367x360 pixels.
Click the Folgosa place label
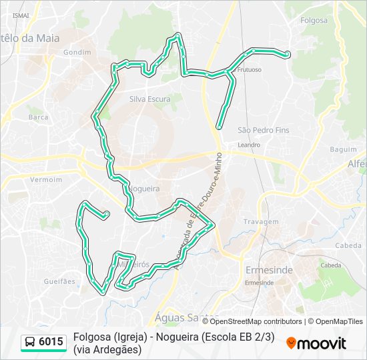tap(314, 20)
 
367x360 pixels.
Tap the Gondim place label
tap(72, 52)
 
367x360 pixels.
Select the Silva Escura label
tap(150, 99)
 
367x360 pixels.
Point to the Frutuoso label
tap(249, 69)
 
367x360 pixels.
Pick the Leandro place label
tap(249, 144)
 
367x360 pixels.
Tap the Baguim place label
tap(343, 149)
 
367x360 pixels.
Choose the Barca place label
tap(38, 117)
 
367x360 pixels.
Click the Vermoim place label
tap(46, 179)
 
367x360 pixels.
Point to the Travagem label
tap(261, 221)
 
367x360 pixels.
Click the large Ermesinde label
tap(269, 270)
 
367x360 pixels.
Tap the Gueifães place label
tap(59, 281)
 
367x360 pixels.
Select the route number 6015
tap(51, 343)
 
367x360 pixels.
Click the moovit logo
tap(316, 343)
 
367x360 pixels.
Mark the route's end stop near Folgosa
tap(287, 54)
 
